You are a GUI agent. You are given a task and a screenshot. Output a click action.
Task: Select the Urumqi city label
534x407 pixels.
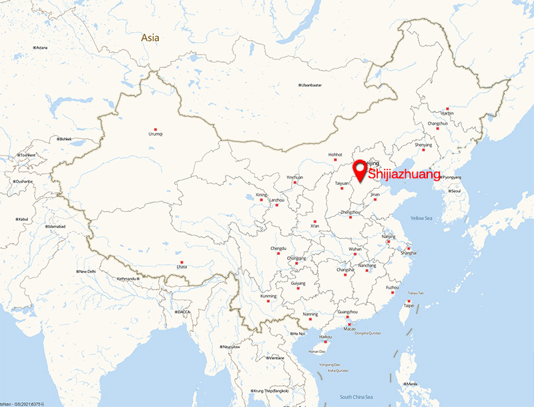(x=156, y=134)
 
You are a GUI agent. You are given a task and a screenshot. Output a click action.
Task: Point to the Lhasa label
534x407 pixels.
(x=182, y=267)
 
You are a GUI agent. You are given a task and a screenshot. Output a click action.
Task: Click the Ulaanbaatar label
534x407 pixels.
(x=311, y=85)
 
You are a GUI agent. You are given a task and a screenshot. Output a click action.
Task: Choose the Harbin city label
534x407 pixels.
(x=447, y=113)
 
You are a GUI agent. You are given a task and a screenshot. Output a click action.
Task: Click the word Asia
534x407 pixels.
(x=150, y=38)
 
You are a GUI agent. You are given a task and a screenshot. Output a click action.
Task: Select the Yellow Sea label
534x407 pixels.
(x=422, y=218)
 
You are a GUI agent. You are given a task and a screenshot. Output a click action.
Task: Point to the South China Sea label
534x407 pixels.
(x=355, y=397)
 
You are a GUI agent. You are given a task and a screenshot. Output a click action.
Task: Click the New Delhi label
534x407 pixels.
(x=87, y=272)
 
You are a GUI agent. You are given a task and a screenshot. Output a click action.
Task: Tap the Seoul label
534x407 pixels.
(x=455, y=191)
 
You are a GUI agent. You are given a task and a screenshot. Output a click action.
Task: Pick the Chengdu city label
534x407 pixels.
(x=278, y=249)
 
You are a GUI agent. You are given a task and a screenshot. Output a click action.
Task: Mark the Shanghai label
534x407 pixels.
(x=409, y=253)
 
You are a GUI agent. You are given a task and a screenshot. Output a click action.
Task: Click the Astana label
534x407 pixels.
(x=41, y=47)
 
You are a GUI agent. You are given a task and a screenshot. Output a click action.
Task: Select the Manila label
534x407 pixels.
(x=411, y=384)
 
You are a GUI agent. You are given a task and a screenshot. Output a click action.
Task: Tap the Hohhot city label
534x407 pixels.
(x=335, y=155)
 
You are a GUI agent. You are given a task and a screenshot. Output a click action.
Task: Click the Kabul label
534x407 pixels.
(x=23, y=219)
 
